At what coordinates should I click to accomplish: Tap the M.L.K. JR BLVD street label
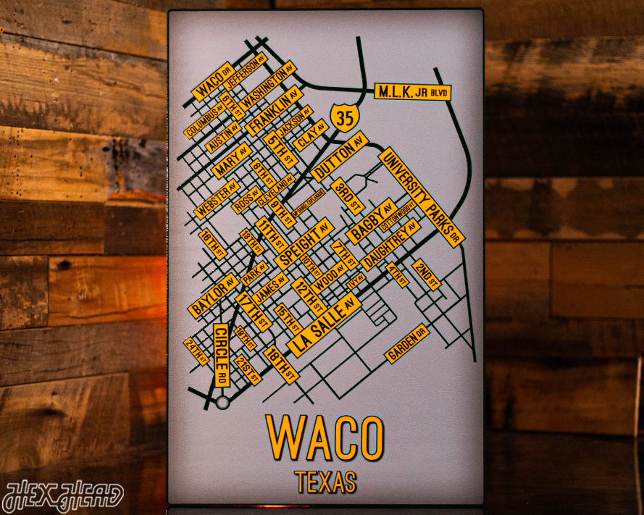[412, 93]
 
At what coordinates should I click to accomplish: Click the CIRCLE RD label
[222, 354]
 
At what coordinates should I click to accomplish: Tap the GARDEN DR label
[407, 344]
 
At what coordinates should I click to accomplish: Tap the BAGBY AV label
[372, 221]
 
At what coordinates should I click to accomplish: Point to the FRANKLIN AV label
[274, 112]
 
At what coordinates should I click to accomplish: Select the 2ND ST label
[426, 274]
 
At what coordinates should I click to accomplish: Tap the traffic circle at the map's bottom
[222, 403]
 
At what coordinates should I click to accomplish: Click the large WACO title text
[324, 437]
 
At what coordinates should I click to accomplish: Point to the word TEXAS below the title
[325, 481]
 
